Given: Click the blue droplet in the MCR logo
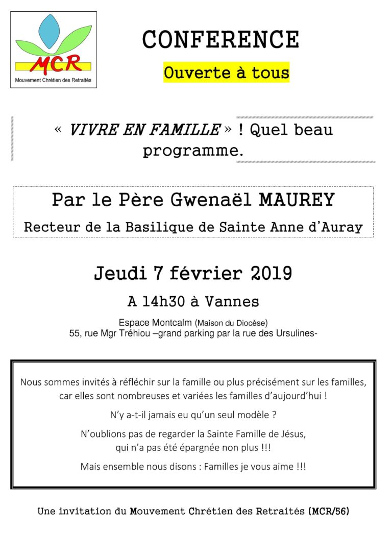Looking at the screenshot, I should pyautogui.click(x=50, y=32).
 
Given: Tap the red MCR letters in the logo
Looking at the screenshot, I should pyautogui.click(x=55, y=64).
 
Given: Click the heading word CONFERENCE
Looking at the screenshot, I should pyautogui.click(x=220, y=39).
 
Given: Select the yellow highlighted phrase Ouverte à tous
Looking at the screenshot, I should pyautogui.click(x=226, y=73).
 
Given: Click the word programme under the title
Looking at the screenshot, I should pyautogui.click(x=191, y=151).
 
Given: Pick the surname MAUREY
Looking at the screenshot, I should pyautogui.click(x=297, y=200).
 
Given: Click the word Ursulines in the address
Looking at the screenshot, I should pyautogui.click(x=296, y=333).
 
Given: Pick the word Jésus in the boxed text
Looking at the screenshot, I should pyautogui.click(x=293, y=434).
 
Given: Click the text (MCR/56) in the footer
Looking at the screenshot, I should pyautogui.click(x=330, y=511).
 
